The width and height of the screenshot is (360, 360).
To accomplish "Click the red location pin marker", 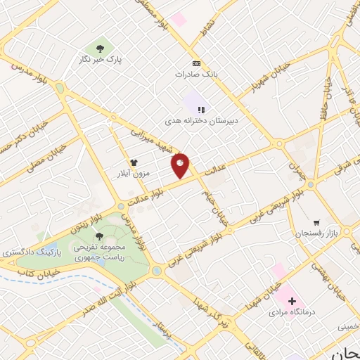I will point(181,165).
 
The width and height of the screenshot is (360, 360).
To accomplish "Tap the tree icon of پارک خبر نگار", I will point(100,49).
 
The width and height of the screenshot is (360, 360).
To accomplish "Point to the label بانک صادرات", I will point(195,72).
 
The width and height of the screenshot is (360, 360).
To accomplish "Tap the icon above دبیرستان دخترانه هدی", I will point(200,110).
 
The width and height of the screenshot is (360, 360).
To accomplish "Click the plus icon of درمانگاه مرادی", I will point(292,301).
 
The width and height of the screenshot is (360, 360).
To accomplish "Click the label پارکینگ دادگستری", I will point(27,251).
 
